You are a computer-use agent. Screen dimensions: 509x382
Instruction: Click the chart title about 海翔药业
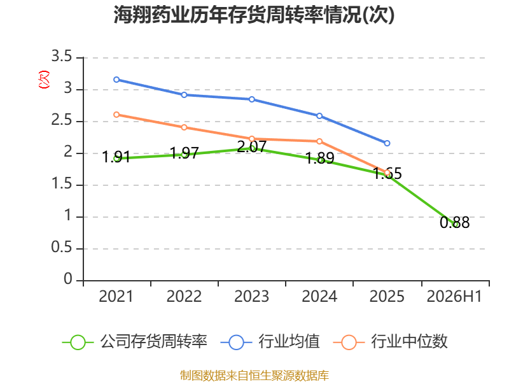click(254, 15)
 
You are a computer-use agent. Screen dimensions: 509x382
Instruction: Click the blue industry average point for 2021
click(116, 80)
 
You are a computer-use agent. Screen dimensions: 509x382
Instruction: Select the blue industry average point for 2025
click(387, 143)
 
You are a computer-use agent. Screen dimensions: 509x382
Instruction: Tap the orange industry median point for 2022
click(184, 127)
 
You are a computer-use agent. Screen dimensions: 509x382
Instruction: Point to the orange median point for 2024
click(319, 141)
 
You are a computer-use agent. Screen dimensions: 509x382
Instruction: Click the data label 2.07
click(252, 146)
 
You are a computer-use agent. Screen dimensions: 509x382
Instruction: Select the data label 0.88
click(455, 222)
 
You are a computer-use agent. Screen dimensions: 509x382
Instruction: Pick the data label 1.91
click(116, 157)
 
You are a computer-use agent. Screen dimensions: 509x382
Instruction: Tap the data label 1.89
click(320, 158)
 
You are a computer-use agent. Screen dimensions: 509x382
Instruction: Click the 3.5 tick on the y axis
click(62, 56)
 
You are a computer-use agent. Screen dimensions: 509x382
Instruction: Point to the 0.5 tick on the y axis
click(62, 247)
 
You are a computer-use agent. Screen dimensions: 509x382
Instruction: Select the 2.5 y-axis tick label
click(62, 120)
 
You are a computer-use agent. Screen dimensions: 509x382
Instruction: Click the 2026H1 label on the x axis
click(454, 296)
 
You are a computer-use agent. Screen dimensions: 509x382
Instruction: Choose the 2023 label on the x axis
click(251, 296)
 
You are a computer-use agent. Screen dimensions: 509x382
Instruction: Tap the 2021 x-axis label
click(116, 296)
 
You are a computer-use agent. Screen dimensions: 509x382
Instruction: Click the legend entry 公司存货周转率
click(135, 342)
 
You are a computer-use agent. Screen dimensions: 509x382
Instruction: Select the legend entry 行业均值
click(270, 342)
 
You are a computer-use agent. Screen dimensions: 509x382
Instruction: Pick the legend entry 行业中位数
click(391, 342)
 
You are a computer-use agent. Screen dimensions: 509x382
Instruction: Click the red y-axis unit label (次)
click(44, 80)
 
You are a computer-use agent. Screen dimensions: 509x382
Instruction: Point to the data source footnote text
click(254, 375)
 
